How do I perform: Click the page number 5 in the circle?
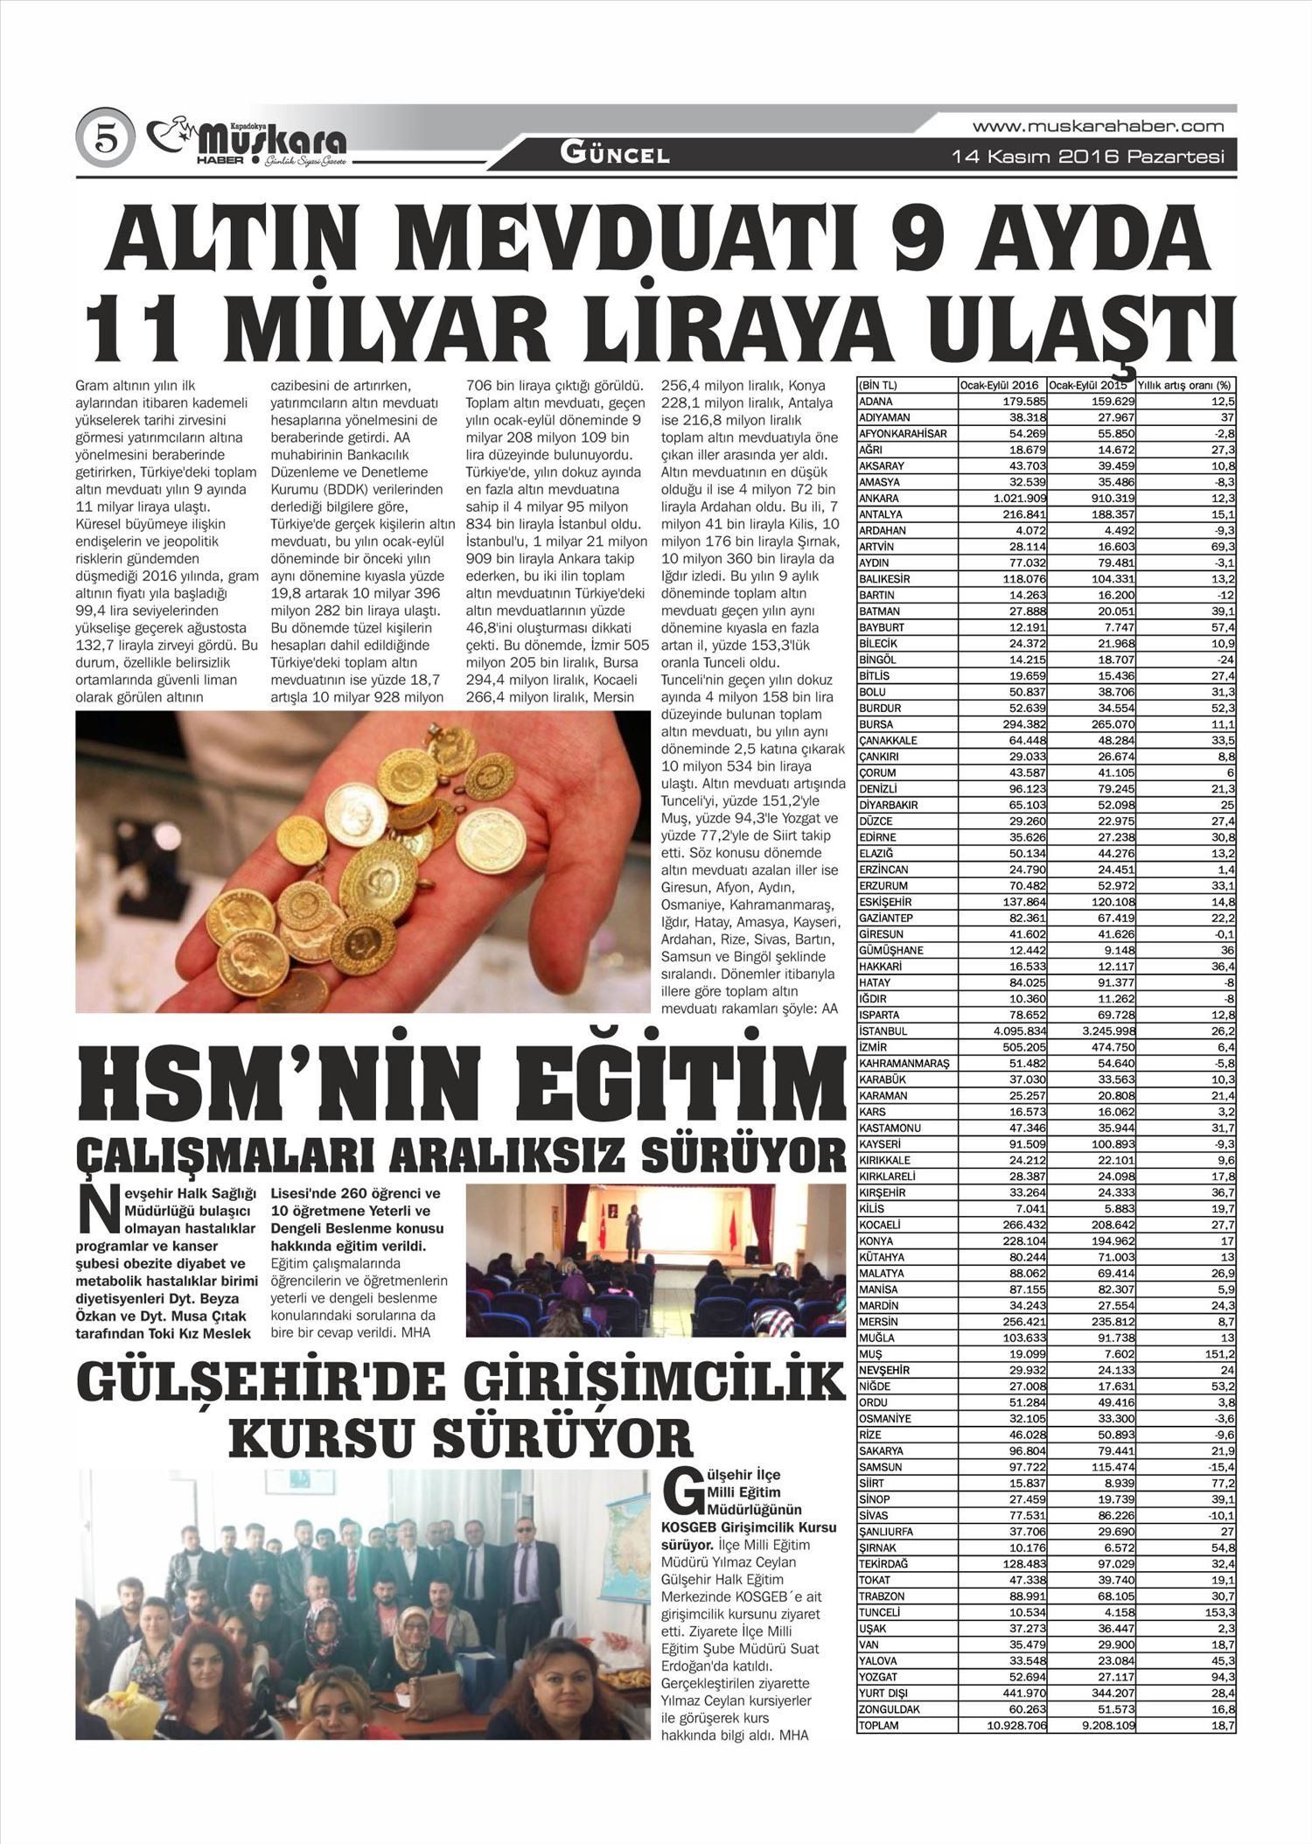[106, 139]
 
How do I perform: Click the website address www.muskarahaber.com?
[1098, 127]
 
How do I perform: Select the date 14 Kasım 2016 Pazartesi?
[1087, 157]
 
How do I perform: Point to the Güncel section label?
[615, 156]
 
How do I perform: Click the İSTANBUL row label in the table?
[884, 1030]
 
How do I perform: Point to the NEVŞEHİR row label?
[886, 1370]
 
